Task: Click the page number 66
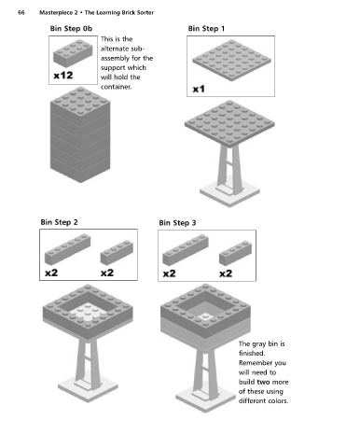click(x=21, y=13)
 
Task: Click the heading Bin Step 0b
click(x=71, y=29)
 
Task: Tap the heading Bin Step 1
click(x=206, y=29)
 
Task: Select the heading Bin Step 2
click(x=59, y=222)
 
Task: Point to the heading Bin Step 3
click(x=177, y=223)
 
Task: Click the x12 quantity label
click(x=63, y=76)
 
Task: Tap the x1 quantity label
click(x=199, y=90)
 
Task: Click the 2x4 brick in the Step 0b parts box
click(x=73, y=53)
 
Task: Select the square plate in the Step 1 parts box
click(x=231, y=60)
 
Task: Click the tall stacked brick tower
click(x=80, y=134)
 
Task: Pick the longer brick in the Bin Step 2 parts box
click(x=67, y=249)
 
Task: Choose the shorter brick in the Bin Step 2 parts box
click(x=117, y=252)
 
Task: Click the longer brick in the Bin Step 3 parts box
click(x=186, y=250)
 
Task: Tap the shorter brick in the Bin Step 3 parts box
click(x=235, y=253)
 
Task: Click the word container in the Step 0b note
click(x=116, y=87)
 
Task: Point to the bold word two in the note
click(x=263, y=382)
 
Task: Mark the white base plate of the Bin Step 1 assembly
click(x=229, y=194)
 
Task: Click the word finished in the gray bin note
click(x=252, y=353)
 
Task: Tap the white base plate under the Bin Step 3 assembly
click(x=205, y=399)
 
